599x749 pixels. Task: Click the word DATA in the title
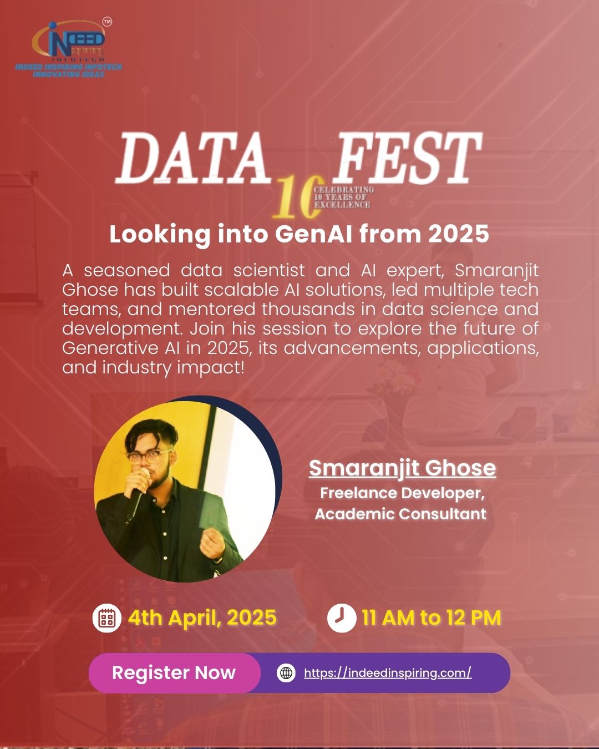tap(191, 159)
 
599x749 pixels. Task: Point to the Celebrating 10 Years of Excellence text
tap(344, 198)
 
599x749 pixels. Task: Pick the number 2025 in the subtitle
tap(458, 234)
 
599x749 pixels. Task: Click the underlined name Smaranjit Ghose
tap(402, 468)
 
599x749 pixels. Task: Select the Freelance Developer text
tap(402, 493)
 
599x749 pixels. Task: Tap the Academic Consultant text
tap(400, 514)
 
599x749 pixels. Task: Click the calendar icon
tap(106, 618)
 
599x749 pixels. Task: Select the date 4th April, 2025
tap(202, 618)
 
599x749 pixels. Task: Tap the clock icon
tap(341, 618)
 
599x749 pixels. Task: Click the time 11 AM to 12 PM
tap(432, 618)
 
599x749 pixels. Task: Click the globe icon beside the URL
tap(286, 673)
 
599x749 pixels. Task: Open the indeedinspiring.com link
tap(388, 673)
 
